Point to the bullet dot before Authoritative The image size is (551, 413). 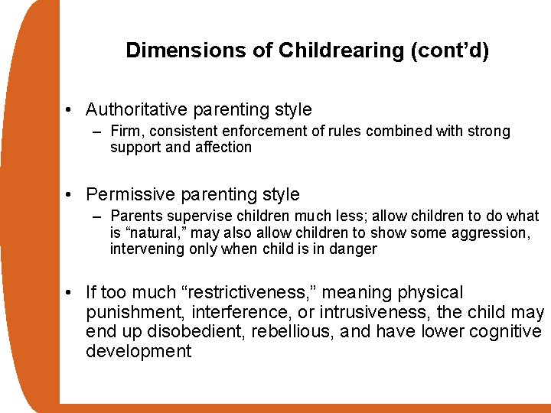tap(70, 110)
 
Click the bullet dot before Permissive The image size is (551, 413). tap(70, 194)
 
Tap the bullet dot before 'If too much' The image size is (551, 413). tap(70, 293)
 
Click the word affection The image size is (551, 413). tap(222, 147)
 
